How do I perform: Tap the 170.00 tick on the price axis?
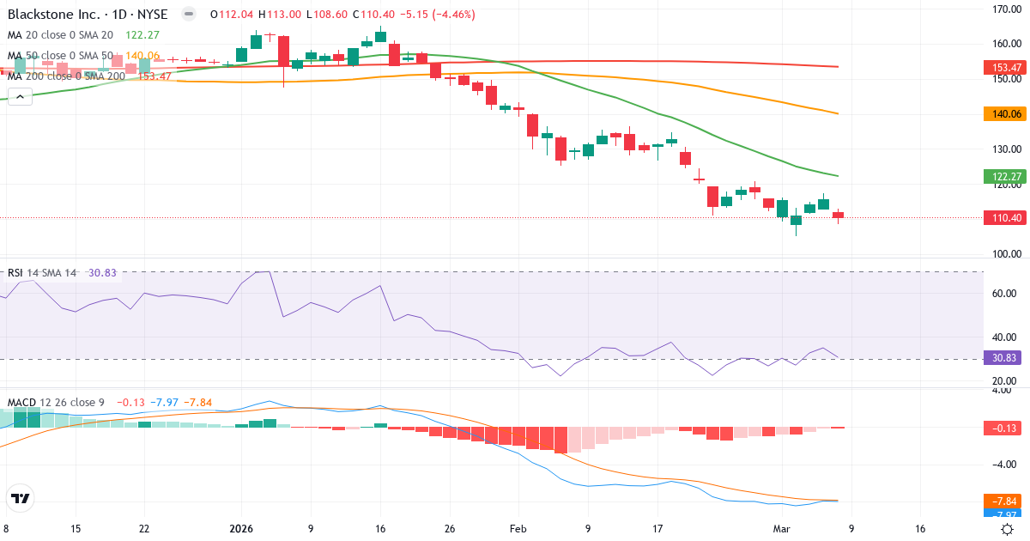tap(1005, 9)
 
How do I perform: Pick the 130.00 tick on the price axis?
tap(1005, 149)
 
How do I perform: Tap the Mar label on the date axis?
tap(780, 530)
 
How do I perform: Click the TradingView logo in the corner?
tap(21, 498)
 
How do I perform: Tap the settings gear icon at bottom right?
tap(1009, 529)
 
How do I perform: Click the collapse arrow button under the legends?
tap(20, 97)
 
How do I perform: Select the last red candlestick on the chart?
tap(838, 215)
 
